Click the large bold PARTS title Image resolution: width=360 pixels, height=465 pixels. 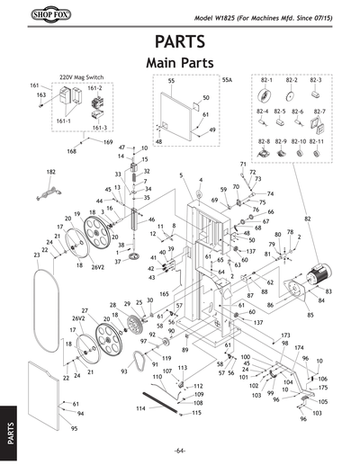tap(180, 43)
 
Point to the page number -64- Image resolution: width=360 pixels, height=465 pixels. tap(180, 449)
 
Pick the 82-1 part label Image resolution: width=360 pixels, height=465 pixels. tap(265, 81)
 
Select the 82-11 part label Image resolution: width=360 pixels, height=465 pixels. tap(316, 142)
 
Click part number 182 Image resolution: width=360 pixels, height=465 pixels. tap(50, 171)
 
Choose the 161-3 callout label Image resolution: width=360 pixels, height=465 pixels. tap(100, 129)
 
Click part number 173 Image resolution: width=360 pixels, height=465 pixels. tap(285, 335)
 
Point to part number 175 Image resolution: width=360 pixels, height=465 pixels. tap(323, 388)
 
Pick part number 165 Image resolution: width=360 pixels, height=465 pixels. tap(165, 294)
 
